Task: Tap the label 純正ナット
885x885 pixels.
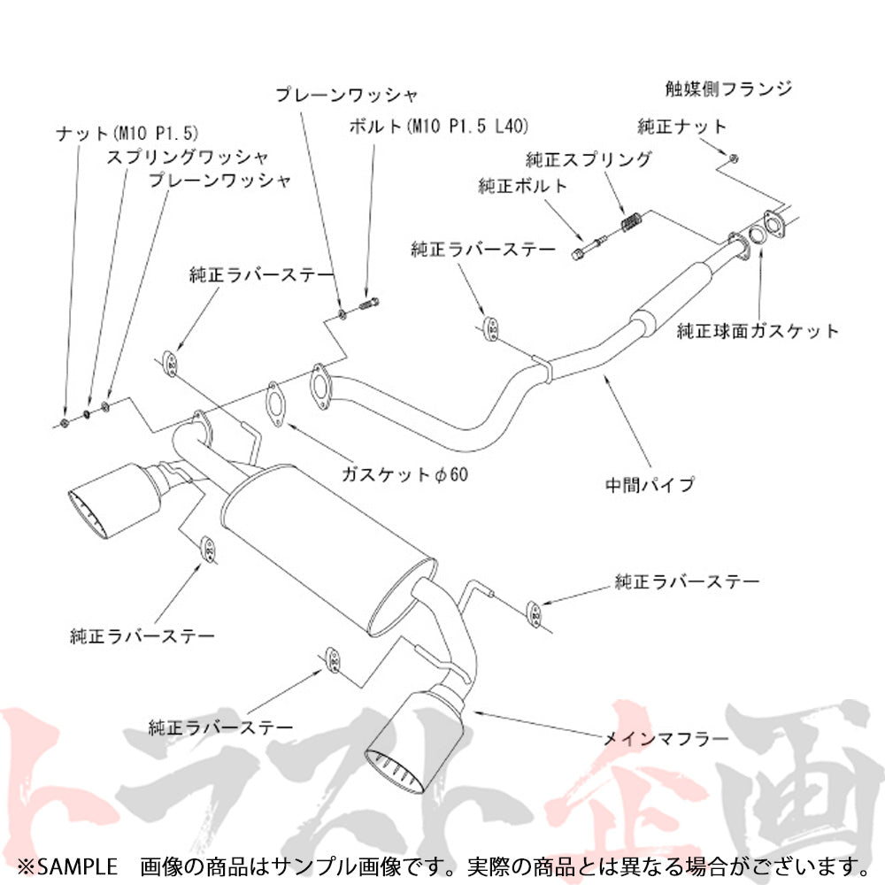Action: click(682, 127)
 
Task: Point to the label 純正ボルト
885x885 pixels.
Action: click(522, 187)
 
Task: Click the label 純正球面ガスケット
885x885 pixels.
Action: click(757, 332)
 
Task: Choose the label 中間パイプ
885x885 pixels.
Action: click(650, 485)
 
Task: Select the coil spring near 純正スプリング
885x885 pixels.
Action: click(629, 224)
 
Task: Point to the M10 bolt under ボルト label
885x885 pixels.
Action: click(370, 305)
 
